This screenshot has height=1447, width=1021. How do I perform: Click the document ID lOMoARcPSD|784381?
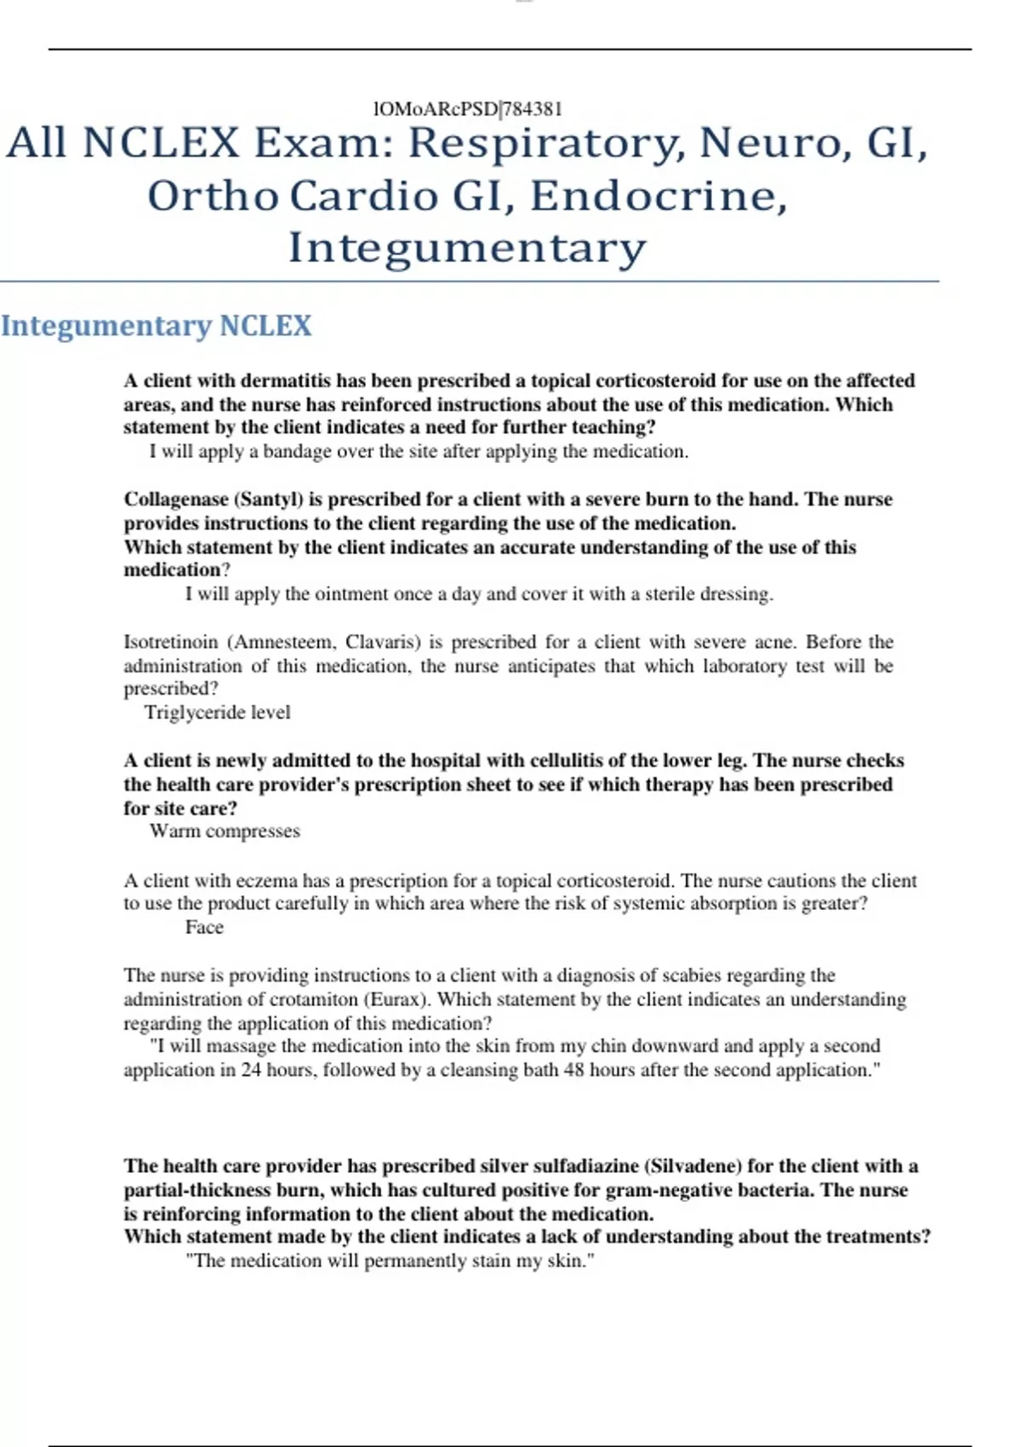point(467,109)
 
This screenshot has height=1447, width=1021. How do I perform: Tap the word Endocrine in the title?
point(659,197)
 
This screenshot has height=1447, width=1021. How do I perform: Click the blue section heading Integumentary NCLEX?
point(157,326)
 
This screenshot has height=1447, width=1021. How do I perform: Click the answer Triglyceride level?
point(217,712)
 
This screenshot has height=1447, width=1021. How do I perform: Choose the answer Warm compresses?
point(225,832)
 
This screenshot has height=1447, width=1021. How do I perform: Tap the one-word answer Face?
point(204,928)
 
